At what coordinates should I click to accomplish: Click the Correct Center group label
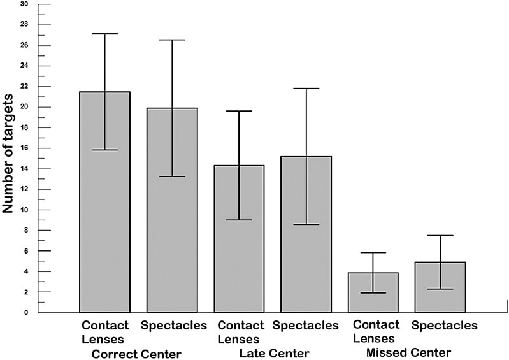click(x=136, y=354)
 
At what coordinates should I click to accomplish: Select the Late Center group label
click(x=274, y=354)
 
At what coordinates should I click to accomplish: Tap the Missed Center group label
click(x=408, y=352)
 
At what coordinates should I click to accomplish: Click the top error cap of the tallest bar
click(x=104, y=34)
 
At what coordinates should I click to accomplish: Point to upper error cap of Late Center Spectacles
click(x=306, y=89)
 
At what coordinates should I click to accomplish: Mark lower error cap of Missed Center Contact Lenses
click(x=374, y=293)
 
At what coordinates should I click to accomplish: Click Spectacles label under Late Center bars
click(x=305, y=326)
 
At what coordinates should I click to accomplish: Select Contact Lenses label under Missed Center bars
click(x=376, y=331)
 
